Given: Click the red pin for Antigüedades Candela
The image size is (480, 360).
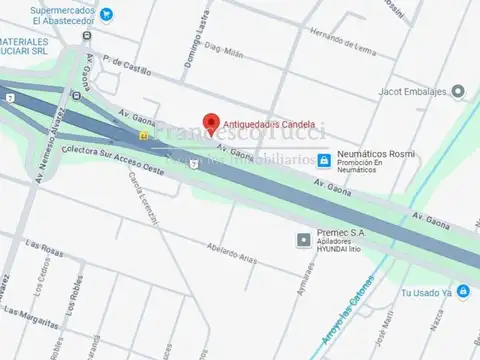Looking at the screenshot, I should click(x=210, y=122).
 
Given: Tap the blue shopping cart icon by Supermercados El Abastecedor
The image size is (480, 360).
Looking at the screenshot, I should click(x=107, y=15).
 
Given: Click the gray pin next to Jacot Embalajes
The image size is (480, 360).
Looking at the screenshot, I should click(x=458, y=91).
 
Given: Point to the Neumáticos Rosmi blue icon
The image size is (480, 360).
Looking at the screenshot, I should click(x=324, y=160).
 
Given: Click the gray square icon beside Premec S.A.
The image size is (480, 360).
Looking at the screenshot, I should click(x=304, y=240).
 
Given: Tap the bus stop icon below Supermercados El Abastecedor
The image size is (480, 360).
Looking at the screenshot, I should click(x=86, y=37).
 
